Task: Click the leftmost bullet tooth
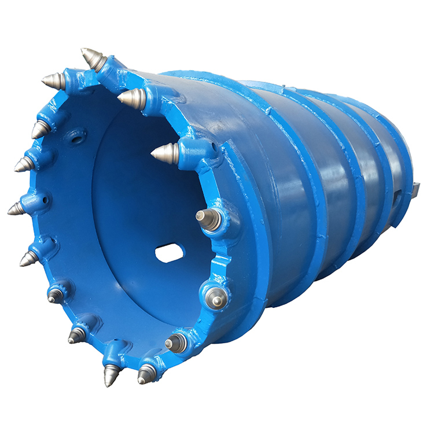click(x=16, y=208)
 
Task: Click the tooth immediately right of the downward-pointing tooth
click(x=146, y=374)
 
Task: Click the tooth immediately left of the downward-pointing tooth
click(x=76, y=334)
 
